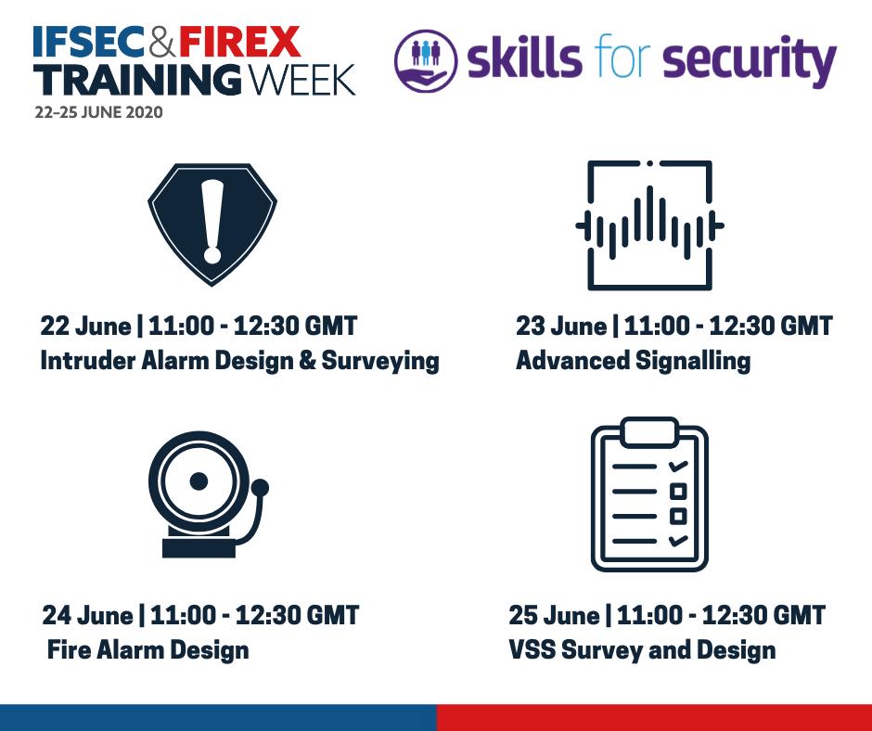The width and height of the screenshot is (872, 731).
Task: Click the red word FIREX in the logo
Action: click(239, 43)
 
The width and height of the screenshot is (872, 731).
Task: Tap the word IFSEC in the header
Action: click(89, 43)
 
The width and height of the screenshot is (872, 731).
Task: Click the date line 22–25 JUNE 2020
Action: click(98, 112)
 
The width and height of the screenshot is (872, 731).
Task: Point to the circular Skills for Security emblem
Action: click(426, 60)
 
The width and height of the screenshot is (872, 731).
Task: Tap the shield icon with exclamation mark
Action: click(212, 224)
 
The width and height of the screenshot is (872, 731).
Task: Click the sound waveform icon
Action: click(649, 224)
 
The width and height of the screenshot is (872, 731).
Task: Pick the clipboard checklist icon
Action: click(649, 494)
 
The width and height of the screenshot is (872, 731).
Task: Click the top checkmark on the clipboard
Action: click(678, 467)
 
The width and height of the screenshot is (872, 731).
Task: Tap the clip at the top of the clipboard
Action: click(649, 432)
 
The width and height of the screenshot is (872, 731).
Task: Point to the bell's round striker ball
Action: click(260, 488)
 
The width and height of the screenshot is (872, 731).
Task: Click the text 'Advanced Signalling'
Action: click(633, 361)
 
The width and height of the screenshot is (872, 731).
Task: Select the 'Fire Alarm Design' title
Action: click(147, 649)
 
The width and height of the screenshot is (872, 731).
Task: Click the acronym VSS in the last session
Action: click(532, 649)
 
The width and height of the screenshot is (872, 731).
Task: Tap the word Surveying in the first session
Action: click(380, 362)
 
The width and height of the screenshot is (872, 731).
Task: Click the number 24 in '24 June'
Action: click(57, 615)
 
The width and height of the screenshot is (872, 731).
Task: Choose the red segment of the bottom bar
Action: click(654, 718)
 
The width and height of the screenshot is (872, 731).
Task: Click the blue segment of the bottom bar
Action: click(218, 718)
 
